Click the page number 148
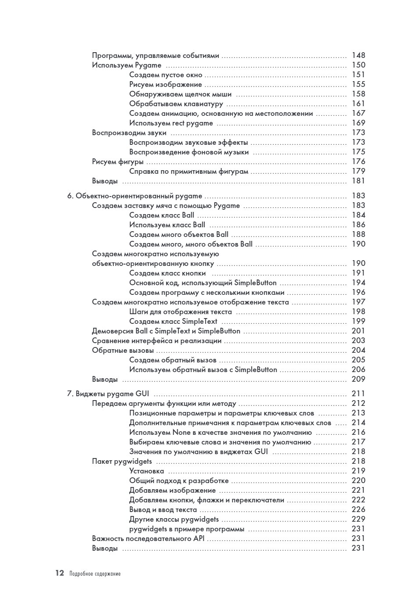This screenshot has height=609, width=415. [358, 55]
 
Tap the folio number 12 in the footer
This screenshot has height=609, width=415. [60, 573]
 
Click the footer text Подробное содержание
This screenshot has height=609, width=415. [95, 573]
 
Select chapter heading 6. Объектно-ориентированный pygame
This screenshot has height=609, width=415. [135, 196]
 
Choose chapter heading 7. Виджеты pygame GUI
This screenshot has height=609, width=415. [108, 394]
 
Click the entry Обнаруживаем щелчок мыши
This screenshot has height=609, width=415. [180, 94]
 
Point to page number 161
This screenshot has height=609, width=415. [358, 104]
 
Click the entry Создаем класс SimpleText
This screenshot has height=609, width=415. [173, 321]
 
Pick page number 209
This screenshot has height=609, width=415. [358, 379]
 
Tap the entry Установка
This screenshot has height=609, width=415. [147, 471]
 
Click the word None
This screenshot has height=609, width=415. [181, 432]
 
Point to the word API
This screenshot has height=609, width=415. [199, 538]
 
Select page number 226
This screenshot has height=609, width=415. [358, 509]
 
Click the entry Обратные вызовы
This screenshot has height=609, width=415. [123, 350]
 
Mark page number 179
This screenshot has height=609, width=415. [358, 171]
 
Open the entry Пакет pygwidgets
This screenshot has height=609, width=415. [122, 461]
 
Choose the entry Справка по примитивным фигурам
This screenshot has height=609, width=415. [189, 172]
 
